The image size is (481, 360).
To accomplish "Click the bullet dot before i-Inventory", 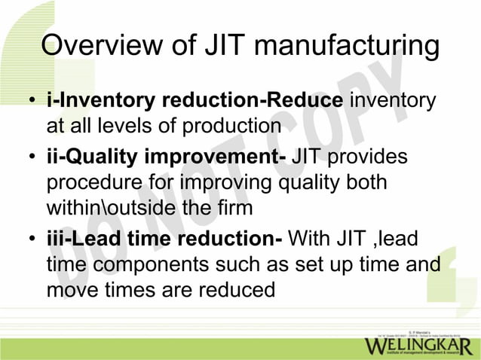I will pos(32,102).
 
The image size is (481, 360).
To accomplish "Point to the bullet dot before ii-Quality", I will pos(32,159).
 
